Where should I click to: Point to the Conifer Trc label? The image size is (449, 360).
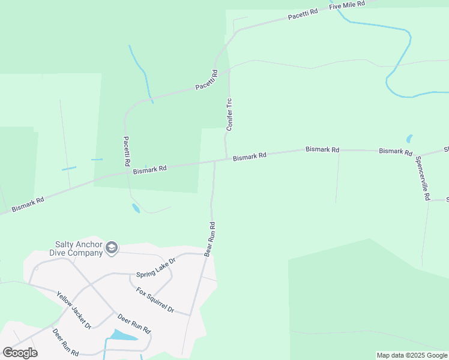[x=229, y=115]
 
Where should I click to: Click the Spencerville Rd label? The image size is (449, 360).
[x=423, y=178]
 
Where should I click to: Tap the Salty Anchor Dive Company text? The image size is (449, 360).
[x=79, y=248]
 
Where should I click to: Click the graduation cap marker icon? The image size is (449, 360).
[x=112, y=248]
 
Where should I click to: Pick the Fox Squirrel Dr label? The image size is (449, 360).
[x=155, y=301]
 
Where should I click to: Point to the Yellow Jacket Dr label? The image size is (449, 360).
[x=73, y=310]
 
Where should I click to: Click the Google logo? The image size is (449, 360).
[x=20, y=352]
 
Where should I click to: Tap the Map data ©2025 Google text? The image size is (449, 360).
[x=412, y=355]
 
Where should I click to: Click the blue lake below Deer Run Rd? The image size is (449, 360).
[x=124, y=335]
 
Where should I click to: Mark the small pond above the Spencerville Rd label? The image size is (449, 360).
[x=409, y=139]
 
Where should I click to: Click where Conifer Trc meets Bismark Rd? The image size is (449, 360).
[x=226, y=160]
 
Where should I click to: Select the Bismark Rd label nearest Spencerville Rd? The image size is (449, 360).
[x=396, y=152]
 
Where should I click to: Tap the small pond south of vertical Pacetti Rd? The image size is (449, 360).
[x=136, y=209]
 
